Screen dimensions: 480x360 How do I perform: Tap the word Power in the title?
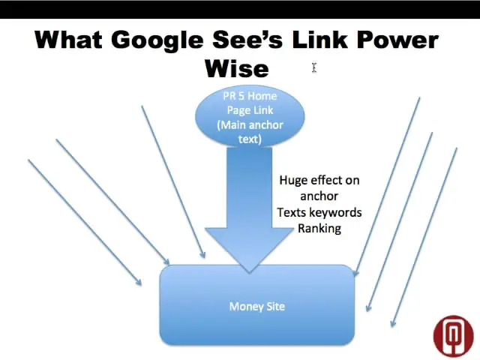coord(397,40)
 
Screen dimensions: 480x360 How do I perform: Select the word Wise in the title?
coord(237,68)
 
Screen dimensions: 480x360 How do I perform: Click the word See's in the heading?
coord(247,40)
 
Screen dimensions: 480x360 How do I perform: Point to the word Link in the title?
coord(319,40)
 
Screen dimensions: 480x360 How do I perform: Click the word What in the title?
coord(68,40)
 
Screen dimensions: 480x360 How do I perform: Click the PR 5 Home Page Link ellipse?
coord(250,116)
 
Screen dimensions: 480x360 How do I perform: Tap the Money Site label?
coord(257,307)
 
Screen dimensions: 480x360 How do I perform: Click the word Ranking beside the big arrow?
coord(319,228)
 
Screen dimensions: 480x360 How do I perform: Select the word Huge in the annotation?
coord(293,180)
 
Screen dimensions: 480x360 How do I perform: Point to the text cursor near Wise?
coord(314,68)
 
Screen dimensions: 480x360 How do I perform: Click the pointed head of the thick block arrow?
coord(249,271)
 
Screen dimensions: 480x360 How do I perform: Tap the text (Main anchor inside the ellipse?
coord(250,125)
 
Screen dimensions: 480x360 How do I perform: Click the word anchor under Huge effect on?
coord(319,196)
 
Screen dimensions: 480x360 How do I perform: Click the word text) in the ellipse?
coord(250,139)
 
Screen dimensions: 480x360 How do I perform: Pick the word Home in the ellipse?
coord(262,96)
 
